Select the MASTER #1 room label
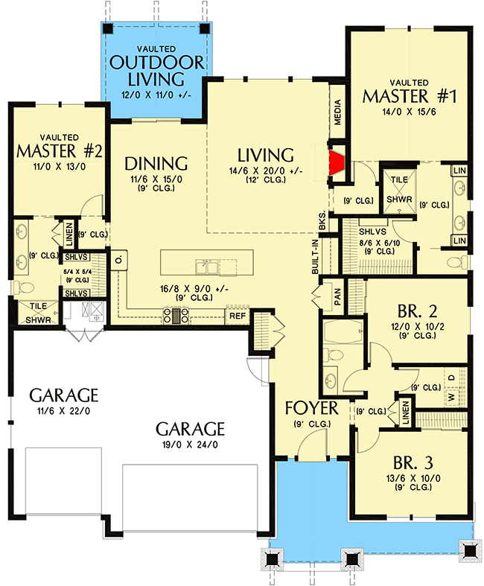(409, 96)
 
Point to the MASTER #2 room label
(59, 151)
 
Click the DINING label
(156, 163)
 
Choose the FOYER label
(312, 408)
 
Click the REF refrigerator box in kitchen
(237, 316)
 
